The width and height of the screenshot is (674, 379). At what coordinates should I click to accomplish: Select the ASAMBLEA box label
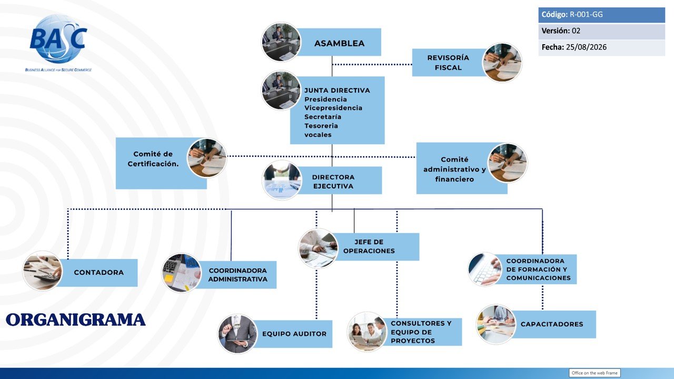pyautogui.click(x=340, y=43)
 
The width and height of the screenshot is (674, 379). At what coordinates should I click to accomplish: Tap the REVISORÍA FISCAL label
pyautogui.click(x=448, y=63)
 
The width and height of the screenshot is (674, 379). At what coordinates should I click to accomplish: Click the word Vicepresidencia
pyautogui.click(x=333, y=108)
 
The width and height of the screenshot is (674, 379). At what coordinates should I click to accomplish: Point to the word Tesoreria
pyautogui.click(x=321, y=126)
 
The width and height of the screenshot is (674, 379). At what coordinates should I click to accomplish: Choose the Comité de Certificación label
pyautogui.click(x=153, y=159)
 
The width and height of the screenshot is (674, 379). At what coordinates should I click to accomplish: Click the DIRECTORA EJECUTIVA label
pyautogui.click(x=333, y=182)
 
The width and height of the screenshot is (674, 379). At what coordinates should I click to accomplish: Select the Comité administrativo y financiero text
pyautogui.click(x=454, y=169)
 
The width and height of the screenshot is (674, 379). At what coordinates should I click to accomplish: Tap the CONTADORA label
pyautogui.click(x=98, y=273)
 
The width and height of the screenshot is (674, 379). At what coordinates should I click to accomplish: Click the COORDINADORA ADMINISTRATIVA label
pyautogui.click(x=237, y=275)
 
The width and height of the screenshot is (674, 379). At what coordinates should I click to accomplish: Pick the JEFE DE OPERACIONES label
pyautogui.click(x=369, y=246)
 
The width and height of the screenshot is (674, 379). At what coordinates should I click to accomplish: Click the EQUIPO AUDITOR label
pyautogui.click(x=294, y=334)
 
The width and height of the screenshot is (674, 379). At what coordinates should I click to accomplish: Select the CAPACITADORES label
pyautogui.click(x=552, y=324)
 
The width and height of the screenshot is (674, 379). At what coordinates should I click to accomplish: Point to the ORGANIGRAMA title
pyautogui.click(x=75, y=320)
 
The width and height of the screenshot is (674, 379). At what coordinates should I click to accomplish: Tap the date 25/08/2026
pyautogui.click(x=586, y=47)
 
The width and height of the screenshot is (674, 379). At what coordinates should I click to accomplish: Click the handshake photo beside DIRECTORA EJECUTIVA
pyautogui.click(x=282, y=180)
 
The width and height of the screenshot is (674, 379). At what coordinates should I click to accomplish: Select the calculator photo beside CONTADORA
pyautogui.click(x=43, y=271)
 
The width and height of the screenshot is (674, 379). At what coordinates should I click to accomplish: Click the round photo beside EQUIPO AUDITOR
pyautogui.click(x=237, y=334)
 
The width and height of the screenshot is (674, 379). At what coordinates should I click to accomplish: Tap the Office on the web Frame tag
pyautogui.click(x=594, y=373)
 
